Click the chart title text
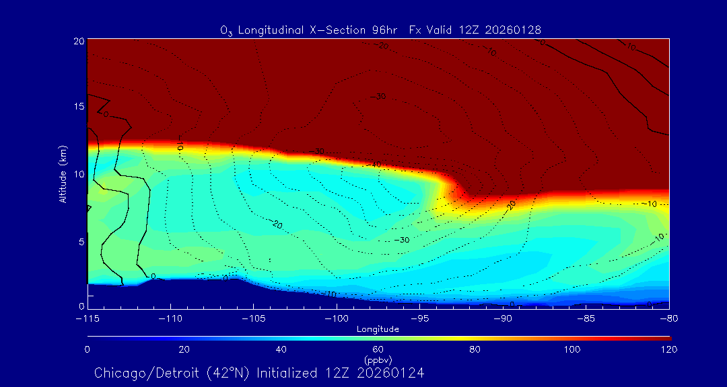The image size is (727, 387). [380, 30]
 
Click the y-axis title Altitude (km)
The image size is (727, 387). [63, 173]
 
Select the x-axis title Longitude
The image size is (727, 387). [378, 329]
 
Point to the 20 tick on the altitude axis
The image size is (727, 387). [77, 41]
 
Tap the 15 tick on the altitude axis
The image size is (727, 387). [77, 107]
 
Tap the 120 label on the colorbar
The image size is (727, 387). [669, 349]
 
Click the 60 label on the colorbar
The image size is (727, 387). [378, 349]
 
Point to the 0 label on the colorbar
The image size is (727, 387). [88, 349]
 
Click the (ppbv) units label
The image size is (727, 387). [378, 359]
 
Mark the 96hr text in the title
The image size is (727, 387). [385, 30]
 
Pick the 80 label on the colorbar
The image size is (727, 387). [475, 349]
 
